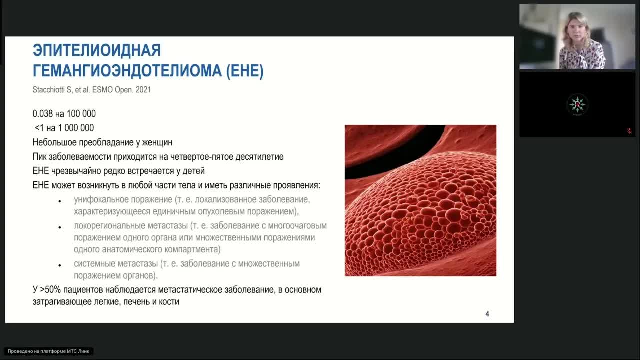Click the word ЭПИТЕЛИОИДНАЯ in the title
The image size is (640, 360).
(x=97, y=50)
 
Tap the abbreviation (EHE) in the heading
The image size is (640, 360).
(x=245, y=71)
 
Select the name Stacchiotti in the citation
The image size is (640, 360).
(x=49, y=89)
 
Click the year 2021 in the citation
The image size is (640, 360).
(x=143, y=89)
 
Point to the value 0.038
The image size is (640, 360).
(x=43, y=113)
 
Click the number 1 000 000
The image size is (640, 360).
(x=76, y=128)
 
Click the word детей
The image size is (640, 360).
(x=194, y=171)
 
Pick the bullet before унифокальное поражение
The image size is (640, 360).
(x=60, y=201)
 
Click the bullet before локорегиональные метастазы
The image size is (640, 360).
(x=60, y=227)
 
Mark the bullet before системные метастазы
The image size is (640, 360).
(x=60, y=265)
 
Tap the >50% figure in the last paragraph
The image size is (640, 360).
(x=50, y=289)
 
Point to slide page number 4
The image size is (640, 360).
(x=487, y=314)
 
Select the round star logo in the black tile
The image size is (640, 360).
(x=577, y=104)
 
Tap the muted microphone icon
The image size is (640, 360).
(x=629, y=131)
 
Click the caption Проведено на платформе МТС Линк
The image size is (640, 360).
(x=48, y=351)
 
